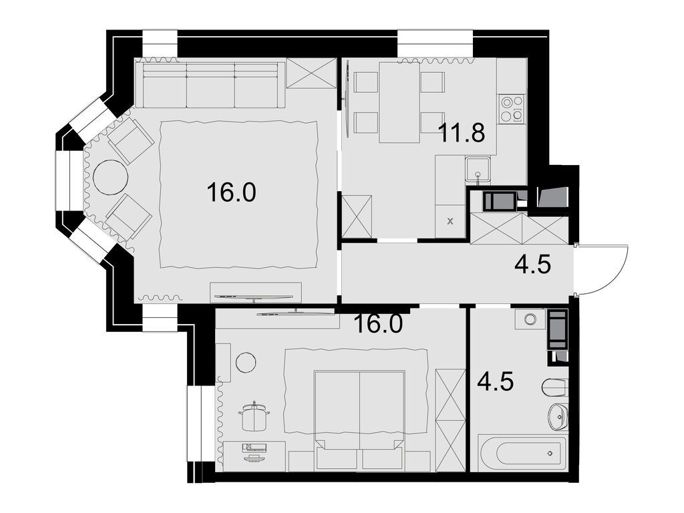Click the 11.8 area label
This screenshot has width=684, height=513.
coord(462,133)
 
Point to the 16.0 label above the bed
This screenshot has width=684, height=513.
coord(378,325)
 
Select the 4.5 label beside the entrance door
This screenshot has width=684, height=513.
coord(532,266)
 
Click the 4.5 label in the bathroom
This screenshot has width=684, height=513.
coord(495,383)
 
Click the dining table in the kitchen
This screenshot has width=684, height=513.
coord(399,102)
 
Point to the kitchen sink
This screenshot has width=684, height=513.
coord(478,168)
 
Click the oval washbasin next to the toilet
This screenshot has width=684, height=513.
coord(557,417)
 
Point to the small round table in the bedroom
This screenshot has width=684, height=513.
coord(246,363)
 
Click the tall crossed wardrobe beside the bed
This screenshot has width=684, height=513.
coord(450,419)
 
